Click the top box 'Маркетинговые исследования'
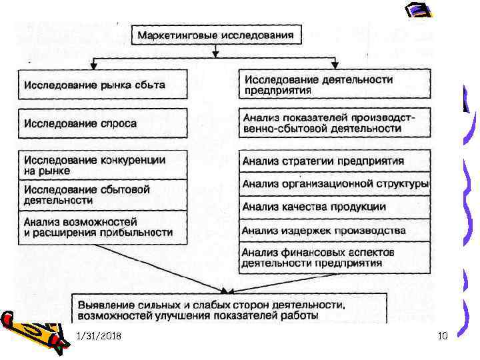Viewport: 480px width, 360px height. tap(216, 33)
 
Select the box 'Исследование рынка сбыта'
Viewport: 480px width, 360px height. tap(103, 85)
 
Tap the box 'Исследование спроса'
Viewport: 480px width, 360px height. tap(103, 123)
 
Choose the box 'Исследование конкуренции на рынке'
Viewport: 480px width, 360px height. tap(103, 165)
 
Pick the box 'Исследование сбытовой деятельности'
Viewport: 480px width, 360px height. tap(103, 194)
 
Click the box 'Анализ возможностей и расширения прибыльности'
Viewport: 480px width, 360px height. tap(103, 227)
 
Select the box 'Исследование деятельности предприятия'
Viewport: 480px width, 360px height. tap(333, 84)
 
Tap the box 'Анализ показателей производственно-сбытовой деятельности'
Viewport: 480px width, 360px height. tap(333, 123)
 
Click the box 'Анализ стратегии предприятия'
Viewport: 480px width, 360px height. tap(333, 161)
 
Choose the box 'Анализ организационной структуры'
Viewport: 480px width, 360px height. tap(333, 183)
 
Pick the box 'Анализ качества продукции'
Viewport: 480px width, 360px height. tap(333, 207)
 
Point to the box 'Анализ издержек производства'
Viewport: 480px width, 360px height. tap(333, 231)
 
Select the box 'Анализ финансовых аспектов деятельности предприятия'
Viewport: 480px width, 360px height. tap(333, 257)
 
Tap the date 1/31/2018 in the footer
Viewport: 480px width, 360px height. tap(99, 338)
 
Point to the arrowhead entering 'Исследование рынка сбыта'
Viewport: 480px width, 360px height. tap(94, 67)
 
